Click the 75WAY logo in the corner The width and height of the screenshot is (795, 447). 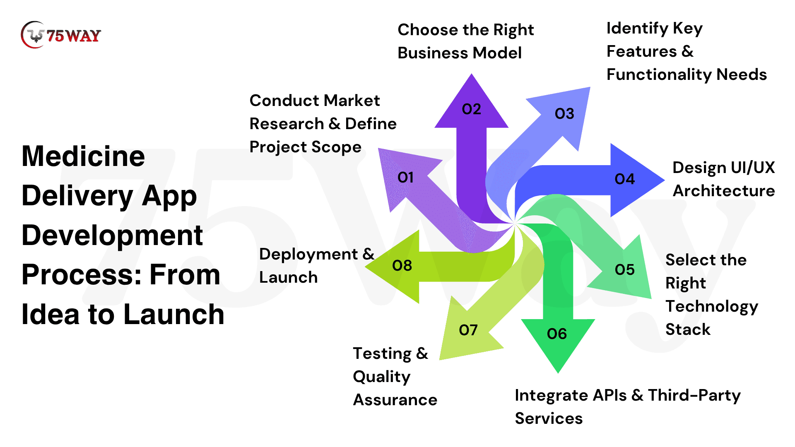(61, 35)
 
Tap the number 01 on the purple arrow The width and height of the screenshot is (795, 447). (405, 178)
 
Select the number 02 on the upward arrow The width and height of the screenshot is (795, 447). (471, 109)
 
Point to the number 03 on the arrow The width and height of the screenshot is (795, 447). (564, 114)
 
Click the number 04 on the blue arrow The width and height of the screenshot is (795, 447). (624, 179)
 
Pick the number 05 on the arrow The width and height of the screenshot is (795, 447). (624, 270)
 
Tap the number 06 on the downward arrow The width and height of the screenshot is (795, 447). (556, 334)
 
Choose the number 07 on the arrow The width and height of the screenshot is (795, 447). (468, 330)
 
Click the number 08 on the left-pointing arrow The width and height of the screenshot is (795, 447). (402, 266)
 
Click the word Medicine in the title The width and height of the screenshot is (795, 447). (83, 156)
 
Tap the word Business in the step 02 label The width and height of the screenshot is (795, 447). (433, 53)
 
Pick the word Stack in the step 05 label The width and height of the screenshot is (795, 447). (688, 329)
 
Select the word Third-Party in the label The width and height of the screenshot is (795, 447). (694, 396)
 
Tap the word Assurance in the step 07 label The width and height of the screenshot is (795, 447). (395, 400)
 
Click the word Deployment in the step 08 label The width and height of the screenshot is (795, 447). (308, 255)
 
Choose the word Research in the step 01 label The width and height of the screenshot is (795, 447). (287, 124)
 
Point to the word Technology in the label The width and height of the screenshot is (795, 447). (711, 307)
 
